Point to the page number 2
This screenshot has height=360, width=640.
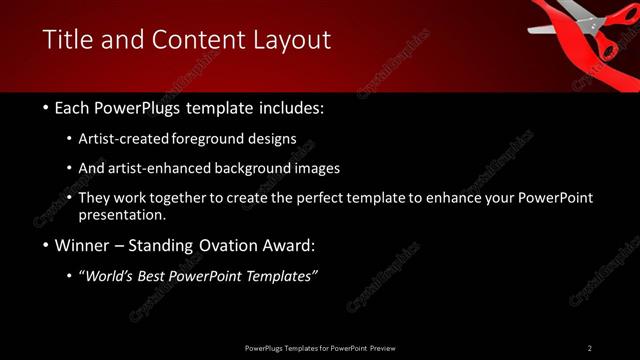[590, 348]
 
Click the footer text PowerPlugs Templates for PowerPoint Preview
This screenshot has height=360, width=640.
[320, 348]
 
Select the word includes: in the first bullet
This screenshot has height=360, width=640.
[290, 107]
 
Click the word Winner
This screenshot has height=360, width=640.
[84, 245]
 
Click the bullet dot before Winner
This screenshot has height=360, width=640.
[47, 246]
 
